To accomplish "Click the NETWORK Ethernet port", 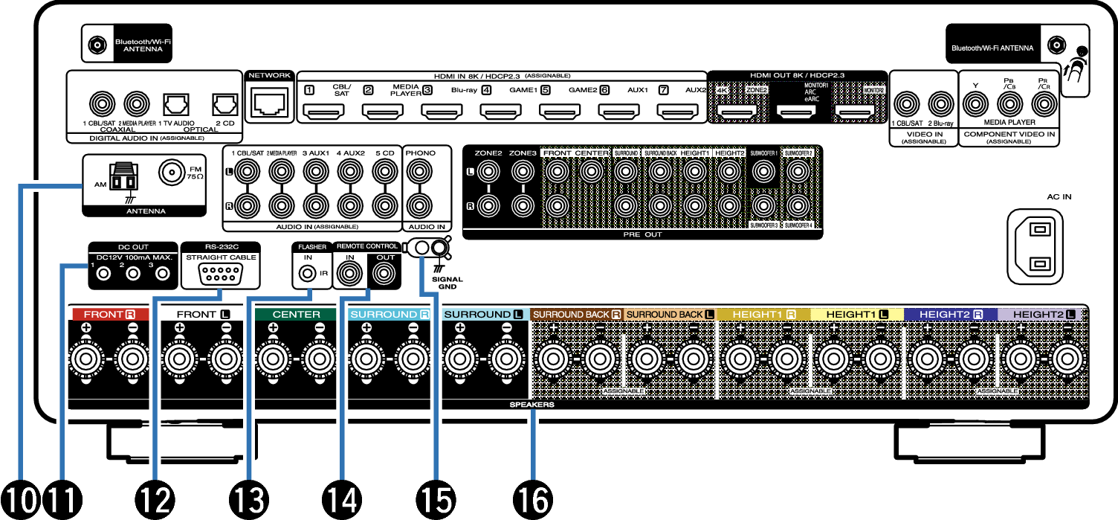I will click(x=268, y=104).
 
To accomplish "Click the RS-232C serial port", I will click(x=221, y=275).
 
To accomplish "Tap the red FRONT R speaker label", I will click(x=108, y=315).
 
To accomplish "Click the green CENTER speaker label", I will click(x=296, y=315).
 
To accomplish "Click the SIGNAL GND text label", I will click(x=446, y=283).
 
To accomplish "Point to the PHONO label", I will click(x=420, y=152).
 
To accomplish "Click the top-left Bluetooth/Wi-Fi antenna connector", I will click(x=96, y=45).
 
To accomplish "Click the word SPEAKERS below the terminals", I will click(x=532, y=406).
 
